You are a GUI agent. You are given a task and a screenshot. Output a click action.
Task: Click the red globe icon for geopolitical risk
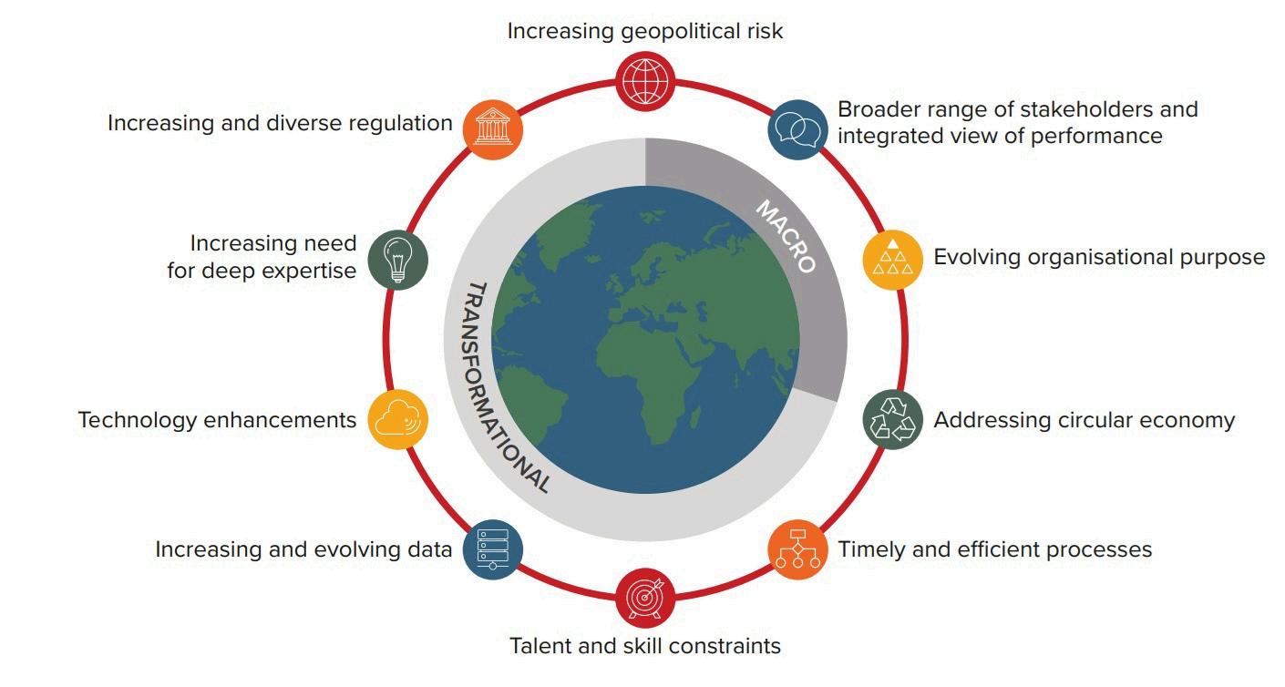pyautogui.click(x=645, y=80)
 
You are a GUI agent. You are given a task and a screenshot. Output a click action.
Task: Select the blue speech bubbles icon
pyautogui.click(x=797, y=128)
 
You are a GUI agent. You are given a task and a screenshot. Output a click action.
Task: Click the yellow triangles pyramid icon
pyautogui.click(x=892, y=260)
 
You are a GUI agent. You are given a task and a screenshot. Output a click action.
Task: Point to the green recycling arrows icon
pyautogui.click(x=892, y=420)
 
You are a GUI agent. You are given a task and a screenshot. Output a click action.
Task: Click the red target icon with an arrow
pyautogui.click(x=645, y=598)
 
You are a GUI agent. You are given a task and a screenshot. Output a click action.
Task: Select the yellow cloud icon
pyautogui.click(x=398, y=420)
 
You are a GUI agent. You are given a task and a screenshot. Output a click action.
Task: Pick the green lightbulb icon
pyautogui.click(x=398, y=260)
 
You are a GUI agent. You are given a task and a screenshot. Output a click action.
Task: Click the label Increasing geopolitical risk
pyautogui.click(x=645, y=31)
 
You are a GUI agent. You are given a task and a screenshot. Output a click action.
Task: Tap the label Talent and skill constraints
pyautogui.click(x=645, y=646)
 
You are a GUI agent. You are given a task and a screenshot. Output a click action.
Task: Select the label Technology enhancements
pyautogui.click(x=217, y=420)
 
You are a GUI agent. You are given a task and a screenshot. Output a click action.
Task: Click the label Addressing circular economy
pyautogui.click(x=1085, y=420)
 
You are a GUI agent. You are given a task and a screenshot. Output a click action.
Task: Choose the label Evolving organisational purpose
pyautogui.click(x=1099, y=257)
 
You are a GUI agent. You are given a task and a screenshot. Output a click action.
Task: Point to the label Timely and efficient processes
pyautogui.click(x=995, y=549)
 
